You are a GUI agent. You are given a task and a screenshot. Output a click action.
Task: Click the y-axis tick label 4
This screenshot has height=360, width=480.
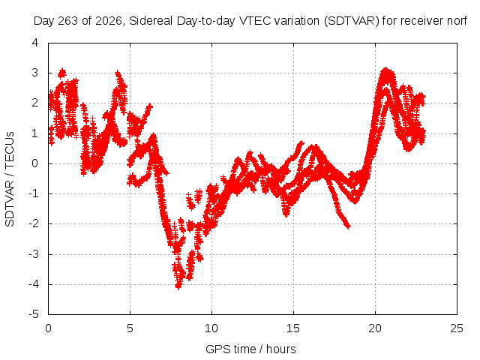click(x=35, y=43)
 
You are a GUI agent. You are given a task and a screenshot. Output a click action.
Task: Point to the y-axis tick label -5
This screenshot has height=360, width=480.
click(x=34, y=314)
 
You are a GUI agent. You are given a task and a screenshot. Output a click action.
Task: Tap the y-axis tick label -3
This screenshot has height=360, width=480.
click(x=34, y=254)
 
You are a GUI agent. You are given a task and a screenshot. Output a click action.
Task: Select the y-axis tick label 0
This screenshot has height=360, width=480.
click(x=35, y=163)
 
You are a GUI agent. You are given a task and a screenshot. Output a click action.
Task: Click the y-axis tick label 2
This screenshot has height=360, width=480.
click(x=35, y=103)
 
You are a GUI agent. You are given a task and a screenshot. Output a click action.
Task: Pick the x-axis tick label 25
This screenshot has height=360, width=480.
click(x=457, y=328)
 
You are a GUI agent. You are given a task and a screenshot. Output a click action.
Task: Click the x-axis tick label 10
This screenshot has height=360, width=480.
click(x=211, y=328)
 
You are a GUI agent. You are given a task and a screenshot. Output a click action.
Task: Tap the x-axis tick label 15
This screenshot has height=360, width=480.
click(x=293, y=328)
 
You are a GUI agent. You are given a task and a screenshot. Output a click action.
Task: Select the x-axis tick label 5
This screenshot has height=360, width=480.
click(x=130, y=328)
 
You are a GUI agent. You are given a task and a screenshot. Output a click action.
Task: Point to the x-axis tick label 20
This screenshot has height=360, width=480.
click(x=375, y=328)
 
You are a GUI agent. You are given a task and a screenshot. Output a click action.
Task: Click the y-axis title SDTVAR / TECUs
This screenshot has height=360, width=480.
click(x=10, y=179)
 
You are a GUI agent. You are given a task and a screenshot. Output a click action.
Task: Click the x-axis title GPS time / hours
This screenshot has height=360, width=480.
click(x=250, y=349)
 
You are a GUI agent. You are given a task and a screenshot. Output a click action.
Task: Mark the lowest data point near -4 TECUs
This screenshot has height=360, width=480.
click(x=178, y=287)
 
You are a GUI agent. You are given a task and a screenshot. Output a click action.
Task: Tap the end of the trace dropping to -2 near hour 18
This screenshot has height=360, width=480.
click(x=348, y=226)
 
